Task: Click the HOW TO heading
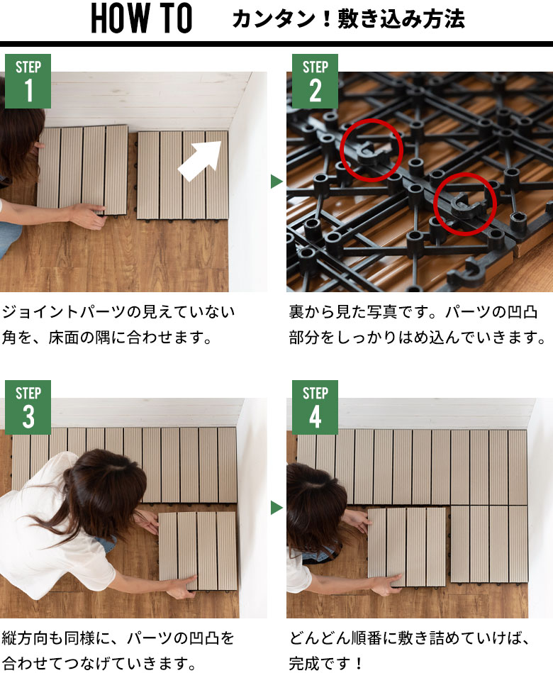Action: (x=142, y=18)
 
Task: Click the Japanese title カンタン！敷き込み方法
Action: (x=348, y=19)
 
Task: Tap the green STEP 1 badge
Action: (x=28, y=81)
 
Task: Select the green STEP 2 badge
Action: (x=315, y=81)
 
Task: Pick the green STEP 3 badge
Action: (x=28, y=407)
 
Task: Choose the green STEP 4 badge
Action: (x=315, y=407)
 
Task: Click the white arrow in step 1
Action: (x=201, y=160)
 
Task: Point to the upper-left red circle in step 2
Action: (x=372, y=119)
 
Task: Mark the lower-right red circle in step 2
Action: (x=464, y=174)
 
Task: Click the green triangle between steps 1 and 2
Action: (x=276, y=182)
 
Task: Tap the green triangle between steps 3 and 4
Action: (x=276, y=508)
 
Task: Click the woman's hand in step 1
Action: (x=88, y=216)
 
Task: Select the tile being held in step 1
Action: (x=82, y=170)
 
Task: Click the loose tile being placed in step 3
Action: (x=197, y=551)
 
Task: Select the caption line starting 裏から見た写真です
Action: (x=413, y=312)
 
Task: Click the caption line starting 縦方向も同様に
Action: (x=118, y=638)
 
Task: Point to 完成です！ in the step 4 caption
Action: (x=326, y=663)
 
